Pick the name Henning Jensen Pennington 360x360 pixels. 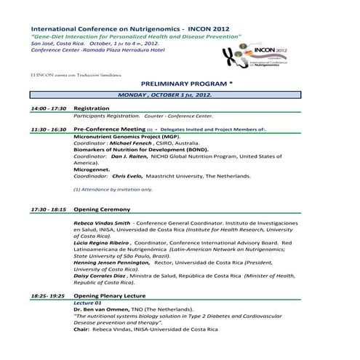[x=111, y=263]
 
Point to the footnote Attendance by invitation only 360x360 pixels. [x=113, y=189]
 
